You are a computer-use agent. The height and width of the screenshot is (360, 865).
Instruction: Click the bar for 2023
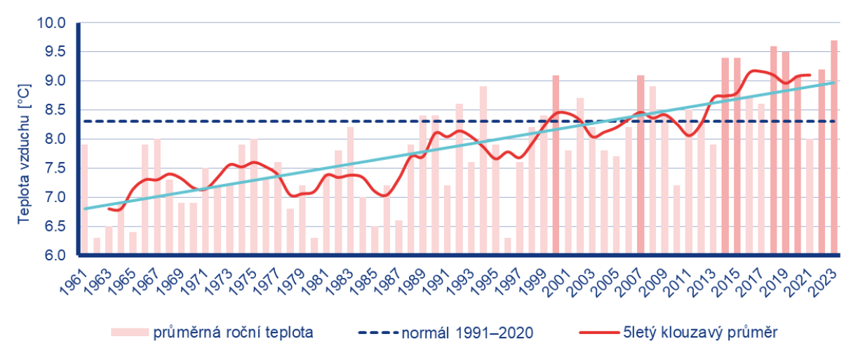(834, 147)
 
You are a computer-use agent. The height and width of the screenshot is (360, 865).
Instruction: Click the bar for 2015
(737, 156)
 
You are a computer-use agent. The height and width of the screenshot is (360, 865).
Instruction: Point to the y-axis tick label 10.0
(50, 23)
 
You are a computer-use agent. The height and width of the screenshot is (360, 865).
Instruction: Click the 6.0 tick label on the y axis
(50, 255)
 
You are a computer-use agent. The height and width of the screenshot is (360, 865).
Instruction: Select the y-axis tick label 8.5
(50, 110)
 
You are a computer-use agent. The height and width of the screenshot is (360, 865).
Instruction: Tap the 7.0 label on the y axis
(50, 198)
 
